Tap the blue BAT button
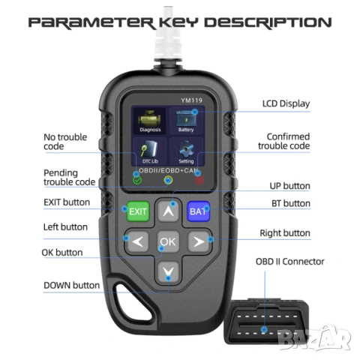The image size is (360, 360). [198, 211]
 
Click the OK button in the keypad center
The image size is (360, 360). [168, 241]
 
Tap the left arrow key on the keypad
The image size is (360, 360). [138, 241]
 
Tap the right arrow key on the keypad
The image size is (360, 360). [199, 241]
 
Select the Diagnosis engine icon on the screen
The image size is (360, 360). [150, 121]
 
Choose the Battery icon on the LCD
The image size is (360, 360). [186, 121]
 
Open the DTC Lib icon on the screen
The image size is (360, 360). [150, 151]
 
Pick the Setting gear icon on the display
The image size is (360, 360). [186, 151]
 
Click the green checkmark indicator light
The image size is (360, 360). [137, 180]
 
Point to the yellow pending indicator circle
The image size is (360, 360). [168, 180]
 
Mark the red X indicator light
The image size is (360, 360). [199, 180]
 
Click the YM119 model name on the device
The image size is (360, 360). [191, 100]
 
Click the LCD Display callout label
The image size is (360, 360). [286, 103]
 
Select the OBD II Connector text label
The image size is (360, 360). [290, 262]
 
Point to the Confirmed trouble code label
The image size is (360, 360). [284, 141]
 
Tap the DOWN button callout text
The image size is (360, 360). [71, 285]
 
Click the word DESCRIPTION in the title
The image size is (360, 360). [268, 22]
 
